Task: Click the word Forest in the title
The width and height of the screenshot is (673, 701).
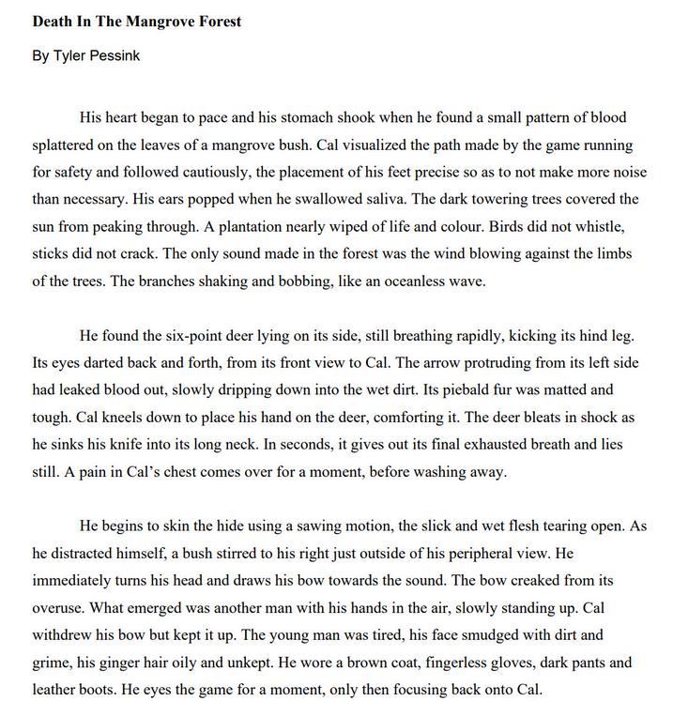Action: (x=217, y=21)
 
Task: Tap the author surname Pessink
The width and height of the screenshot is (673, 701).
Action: (x=115, y=55)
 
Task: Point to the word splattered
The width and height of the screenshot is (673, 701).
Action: (x=67, y=145)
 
